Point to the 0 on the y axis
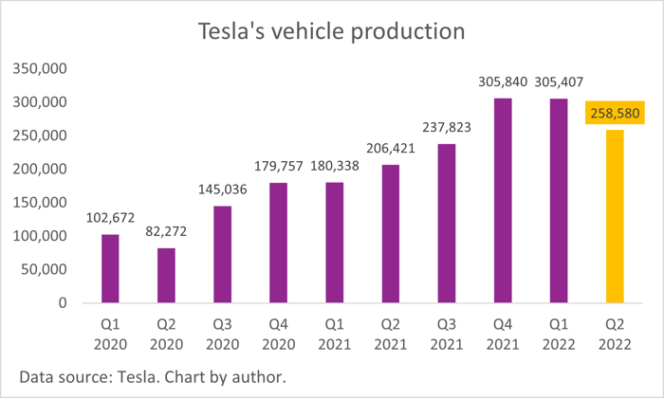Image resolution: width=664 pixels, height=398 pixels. (x=61, y=303)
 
